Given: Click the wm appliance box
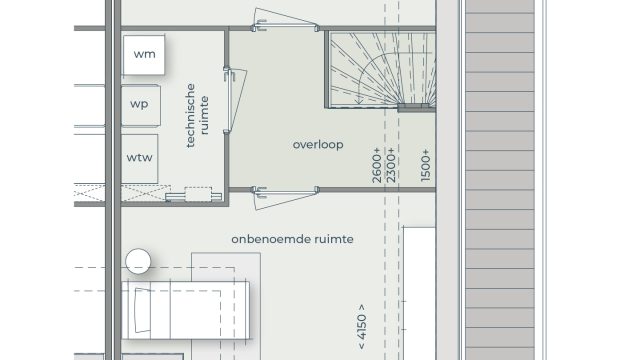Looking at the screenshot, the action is (x=144, y=55).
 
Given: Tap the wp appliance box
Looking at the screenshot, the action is (x=140, y=105).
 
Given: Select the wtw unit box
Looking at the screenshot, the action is (x=140, y=159).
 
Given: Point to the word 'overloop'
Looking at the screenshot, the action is (x=318, y=144).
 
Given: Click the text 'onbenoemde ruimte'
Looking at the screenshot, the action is (x=292, y=239).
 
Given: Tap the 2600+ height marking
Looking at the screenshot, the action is (x=376, y=165).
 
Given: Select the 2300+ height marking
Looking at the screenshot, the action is (x=391, y=165).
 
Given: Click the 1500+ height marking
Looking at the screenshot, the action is (x=425, y=165).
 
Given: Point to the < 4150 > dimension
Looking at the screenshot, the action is (x=362, y=327).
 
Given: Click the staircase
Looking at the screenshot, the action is (x=382, y=69).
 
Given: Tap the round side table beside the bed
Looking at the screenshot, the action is (x=138, y=261).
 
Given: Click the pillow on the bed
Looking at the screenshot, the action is (x=142, y=310).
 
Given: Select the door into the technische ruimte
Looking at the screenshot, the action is (x=235, y=100).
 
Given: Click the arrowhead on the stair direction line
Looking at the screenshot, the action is (x=359, y=100).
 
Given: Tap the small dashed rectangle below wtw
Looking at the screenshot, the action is (x=198, y=194).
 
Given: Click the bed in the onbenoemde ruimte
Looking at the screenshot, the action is (x=186, y=310).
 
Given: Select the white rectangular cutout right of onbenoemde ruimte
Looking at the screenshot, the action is (x=420, y=293).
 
